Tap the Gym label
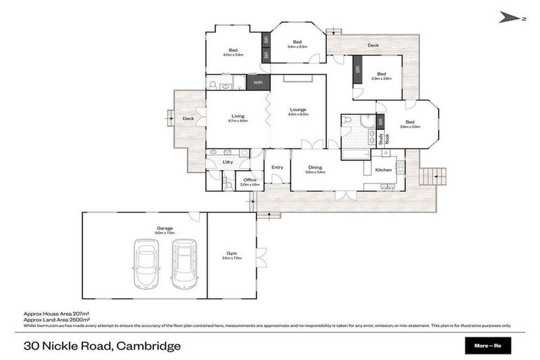pos(231,255)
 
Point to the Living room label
pos(238,118)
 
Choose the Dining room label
pos(315,168)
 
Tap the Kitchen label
pos(382,170)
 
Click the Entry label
pos(277,167)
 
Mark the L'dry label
pos(227,162)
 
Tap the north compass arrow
pos(511,18)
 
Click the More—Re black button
pos(488,346)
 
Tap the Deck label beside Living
pos(188,119)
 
